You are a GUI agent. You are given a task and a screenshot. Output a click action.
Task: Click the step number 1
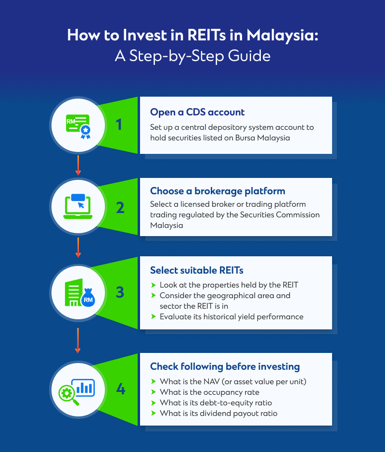[119, 125]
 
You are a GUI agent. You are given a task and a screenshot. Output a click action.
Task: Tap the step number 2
[120, 208]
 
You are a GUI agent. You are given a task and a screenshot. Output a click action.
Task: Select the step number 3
[120, 292]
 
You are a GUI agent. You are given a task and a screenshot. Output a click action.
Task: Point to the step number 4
[120, 389]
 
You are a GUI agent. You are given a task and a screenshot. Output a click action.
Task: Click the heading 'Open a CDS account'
[197, 113]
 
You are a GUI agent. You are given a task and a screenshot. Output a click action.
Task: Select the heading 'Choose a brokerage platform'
[218, 191]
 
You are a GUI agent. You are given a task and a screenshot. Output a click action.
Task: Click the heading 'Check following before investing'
[225, 367]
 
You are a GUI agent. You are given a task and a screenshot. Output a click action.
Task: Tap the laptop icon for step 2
[78, 206]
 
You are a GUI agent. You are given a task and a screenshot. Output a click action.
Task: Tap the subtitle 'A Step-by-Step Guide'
[192, 56]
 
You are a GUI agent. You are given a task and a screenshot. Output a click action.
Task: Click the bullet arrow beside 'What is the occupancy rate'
[154, 392]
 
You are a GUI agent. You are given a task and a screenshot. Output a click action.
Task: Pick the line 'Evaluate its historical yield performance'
[231, 316]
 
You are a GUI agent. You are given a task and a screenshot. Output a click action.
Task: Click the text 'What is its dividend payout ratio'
[218, 413]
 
